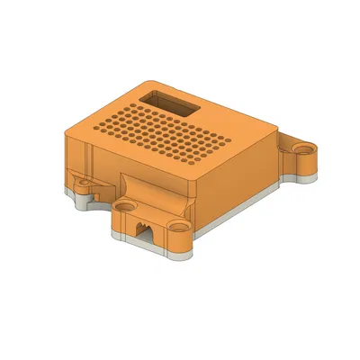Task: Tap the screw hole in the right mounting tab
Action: coord(306,146)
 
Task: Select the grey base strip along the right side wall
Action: coord(243,210)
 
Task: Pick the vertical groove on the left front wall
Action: coord(91,162)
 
